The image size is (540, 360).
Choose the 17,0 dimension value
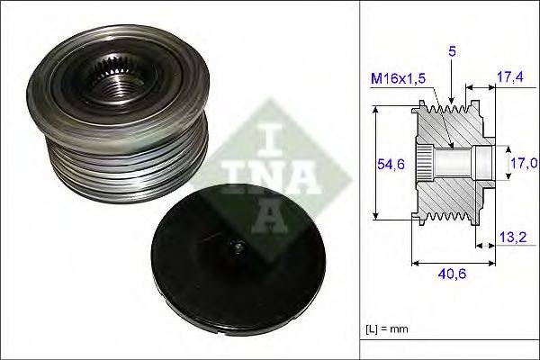[x=525, y=162]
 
